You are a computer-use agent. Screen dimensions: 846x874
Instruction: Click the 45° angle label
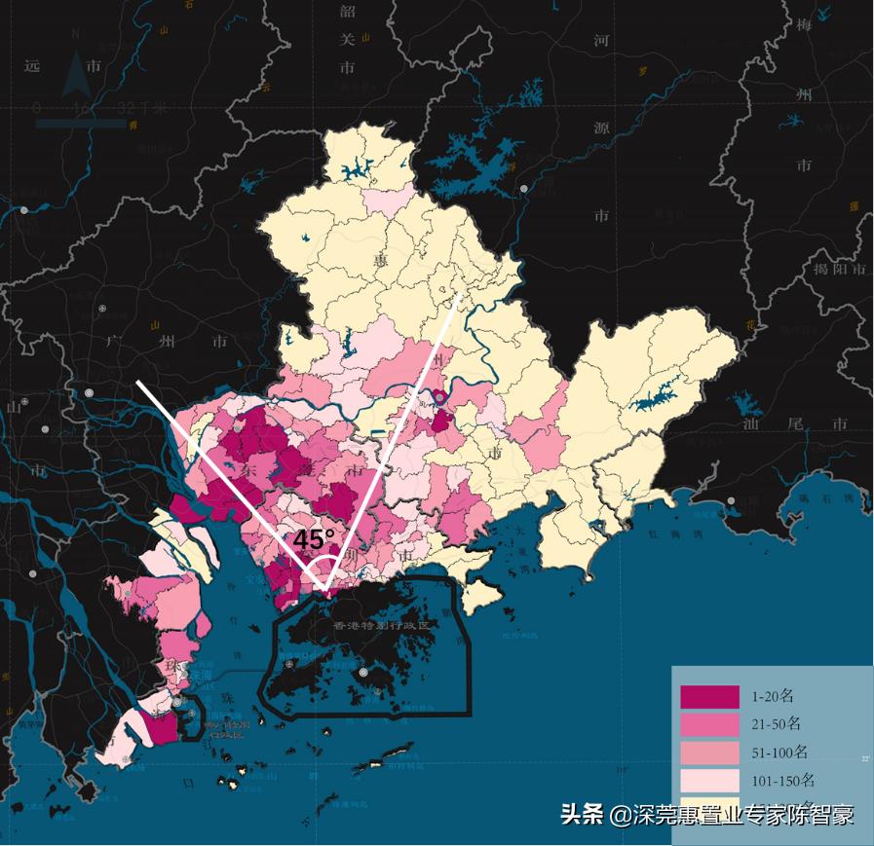[314, 539]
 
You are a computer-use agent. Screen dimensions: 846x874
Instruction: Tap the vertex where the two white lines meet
[324, 588]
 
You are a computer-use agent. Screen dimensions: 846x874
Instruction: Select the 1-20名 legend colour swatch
[708, 697]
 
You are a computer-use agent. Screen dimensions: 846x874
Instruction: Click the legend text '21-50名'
[777, 724]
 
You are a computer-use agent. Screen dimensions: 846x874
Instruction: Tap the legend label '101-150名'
[782, 781]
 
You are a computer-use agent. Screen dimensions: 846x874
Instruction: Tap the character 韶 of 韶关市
[348, 12]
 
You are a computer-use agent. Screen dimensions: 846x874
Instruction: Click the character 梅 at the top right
[804, 25]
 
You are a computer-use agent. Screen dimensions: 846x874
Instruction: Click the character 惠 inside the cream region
[380, 260]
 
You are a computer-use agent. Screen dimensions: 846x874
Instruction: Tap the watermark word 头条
[583, 815]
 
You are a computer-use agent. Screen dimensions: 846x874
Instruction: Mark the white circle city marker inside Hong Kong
[363, 672]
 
